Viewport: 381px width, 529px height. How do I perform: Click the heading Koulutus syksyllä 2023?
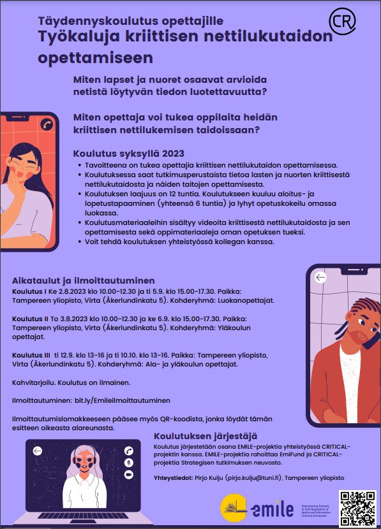pyautogui.click(x=128, y=154)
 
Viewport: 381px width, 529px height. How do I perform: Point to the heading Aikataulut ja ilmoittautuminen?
pyautogui.click(x=84, y=280)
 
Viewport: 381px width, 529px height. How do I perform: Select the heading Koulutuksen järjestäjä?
pyautogui.click(x=205, y=436)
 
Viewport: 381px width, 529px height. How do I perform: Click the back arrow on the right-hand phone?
pyautogui.click(x=321, y=277)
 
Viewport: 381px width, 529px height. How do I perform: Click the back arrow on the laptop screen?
pyautogui.click(x=38, y=451)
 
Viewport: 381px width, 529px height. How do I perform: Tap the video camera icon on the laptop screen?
pyautogui.click(x=128, y=475)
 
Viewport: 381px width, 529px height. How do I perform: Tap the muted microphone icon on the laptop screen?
pyautogui.click(x=128, y=463)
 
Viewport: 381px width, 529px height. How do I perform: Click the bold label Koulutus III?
pyautogui.click(x=31, y=355)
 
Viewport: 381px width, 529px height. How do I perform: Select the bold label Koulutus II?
pyautogui.click(x=29, y=318)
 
